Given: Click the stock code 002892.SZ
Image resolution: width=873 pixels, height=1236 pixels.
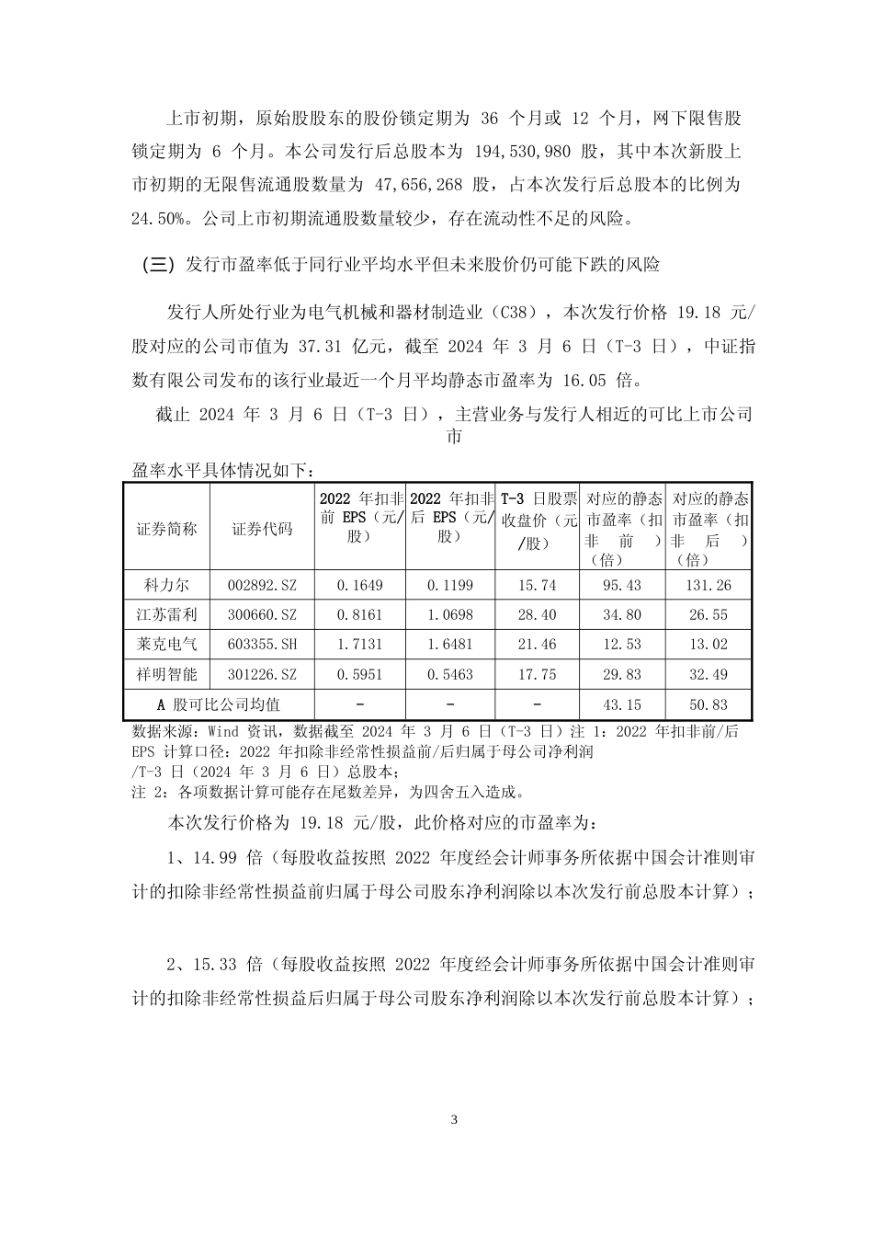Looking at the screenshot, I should pos(262,585).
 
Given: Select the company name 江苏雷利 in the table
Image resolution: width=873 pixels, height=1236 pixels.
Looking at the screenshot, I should pos(171,614).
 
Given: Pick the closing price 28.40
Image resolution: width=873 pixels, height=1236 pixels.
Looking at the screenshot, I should pos(537,614).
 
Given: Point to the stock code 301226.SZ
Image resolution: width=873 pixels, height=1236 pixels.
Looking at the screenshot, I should pos(262,674).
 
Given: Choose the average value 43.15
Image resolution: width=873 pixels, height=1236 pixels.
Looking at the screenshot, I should pos(622,704).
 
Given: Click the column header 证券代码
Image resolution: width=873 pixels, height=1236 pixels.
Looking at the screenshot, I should pos(262,529).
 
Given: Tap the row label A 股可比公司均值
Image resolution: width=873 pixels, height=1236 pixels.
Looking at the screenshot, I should pos(219,704).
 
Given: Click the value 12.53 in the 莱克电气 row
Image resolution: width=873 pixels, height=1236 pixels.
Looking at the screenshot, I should pos(622,645).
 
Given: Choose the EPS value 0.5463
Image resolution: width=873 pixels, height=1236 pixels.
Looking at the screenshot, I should pos(451,674).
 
